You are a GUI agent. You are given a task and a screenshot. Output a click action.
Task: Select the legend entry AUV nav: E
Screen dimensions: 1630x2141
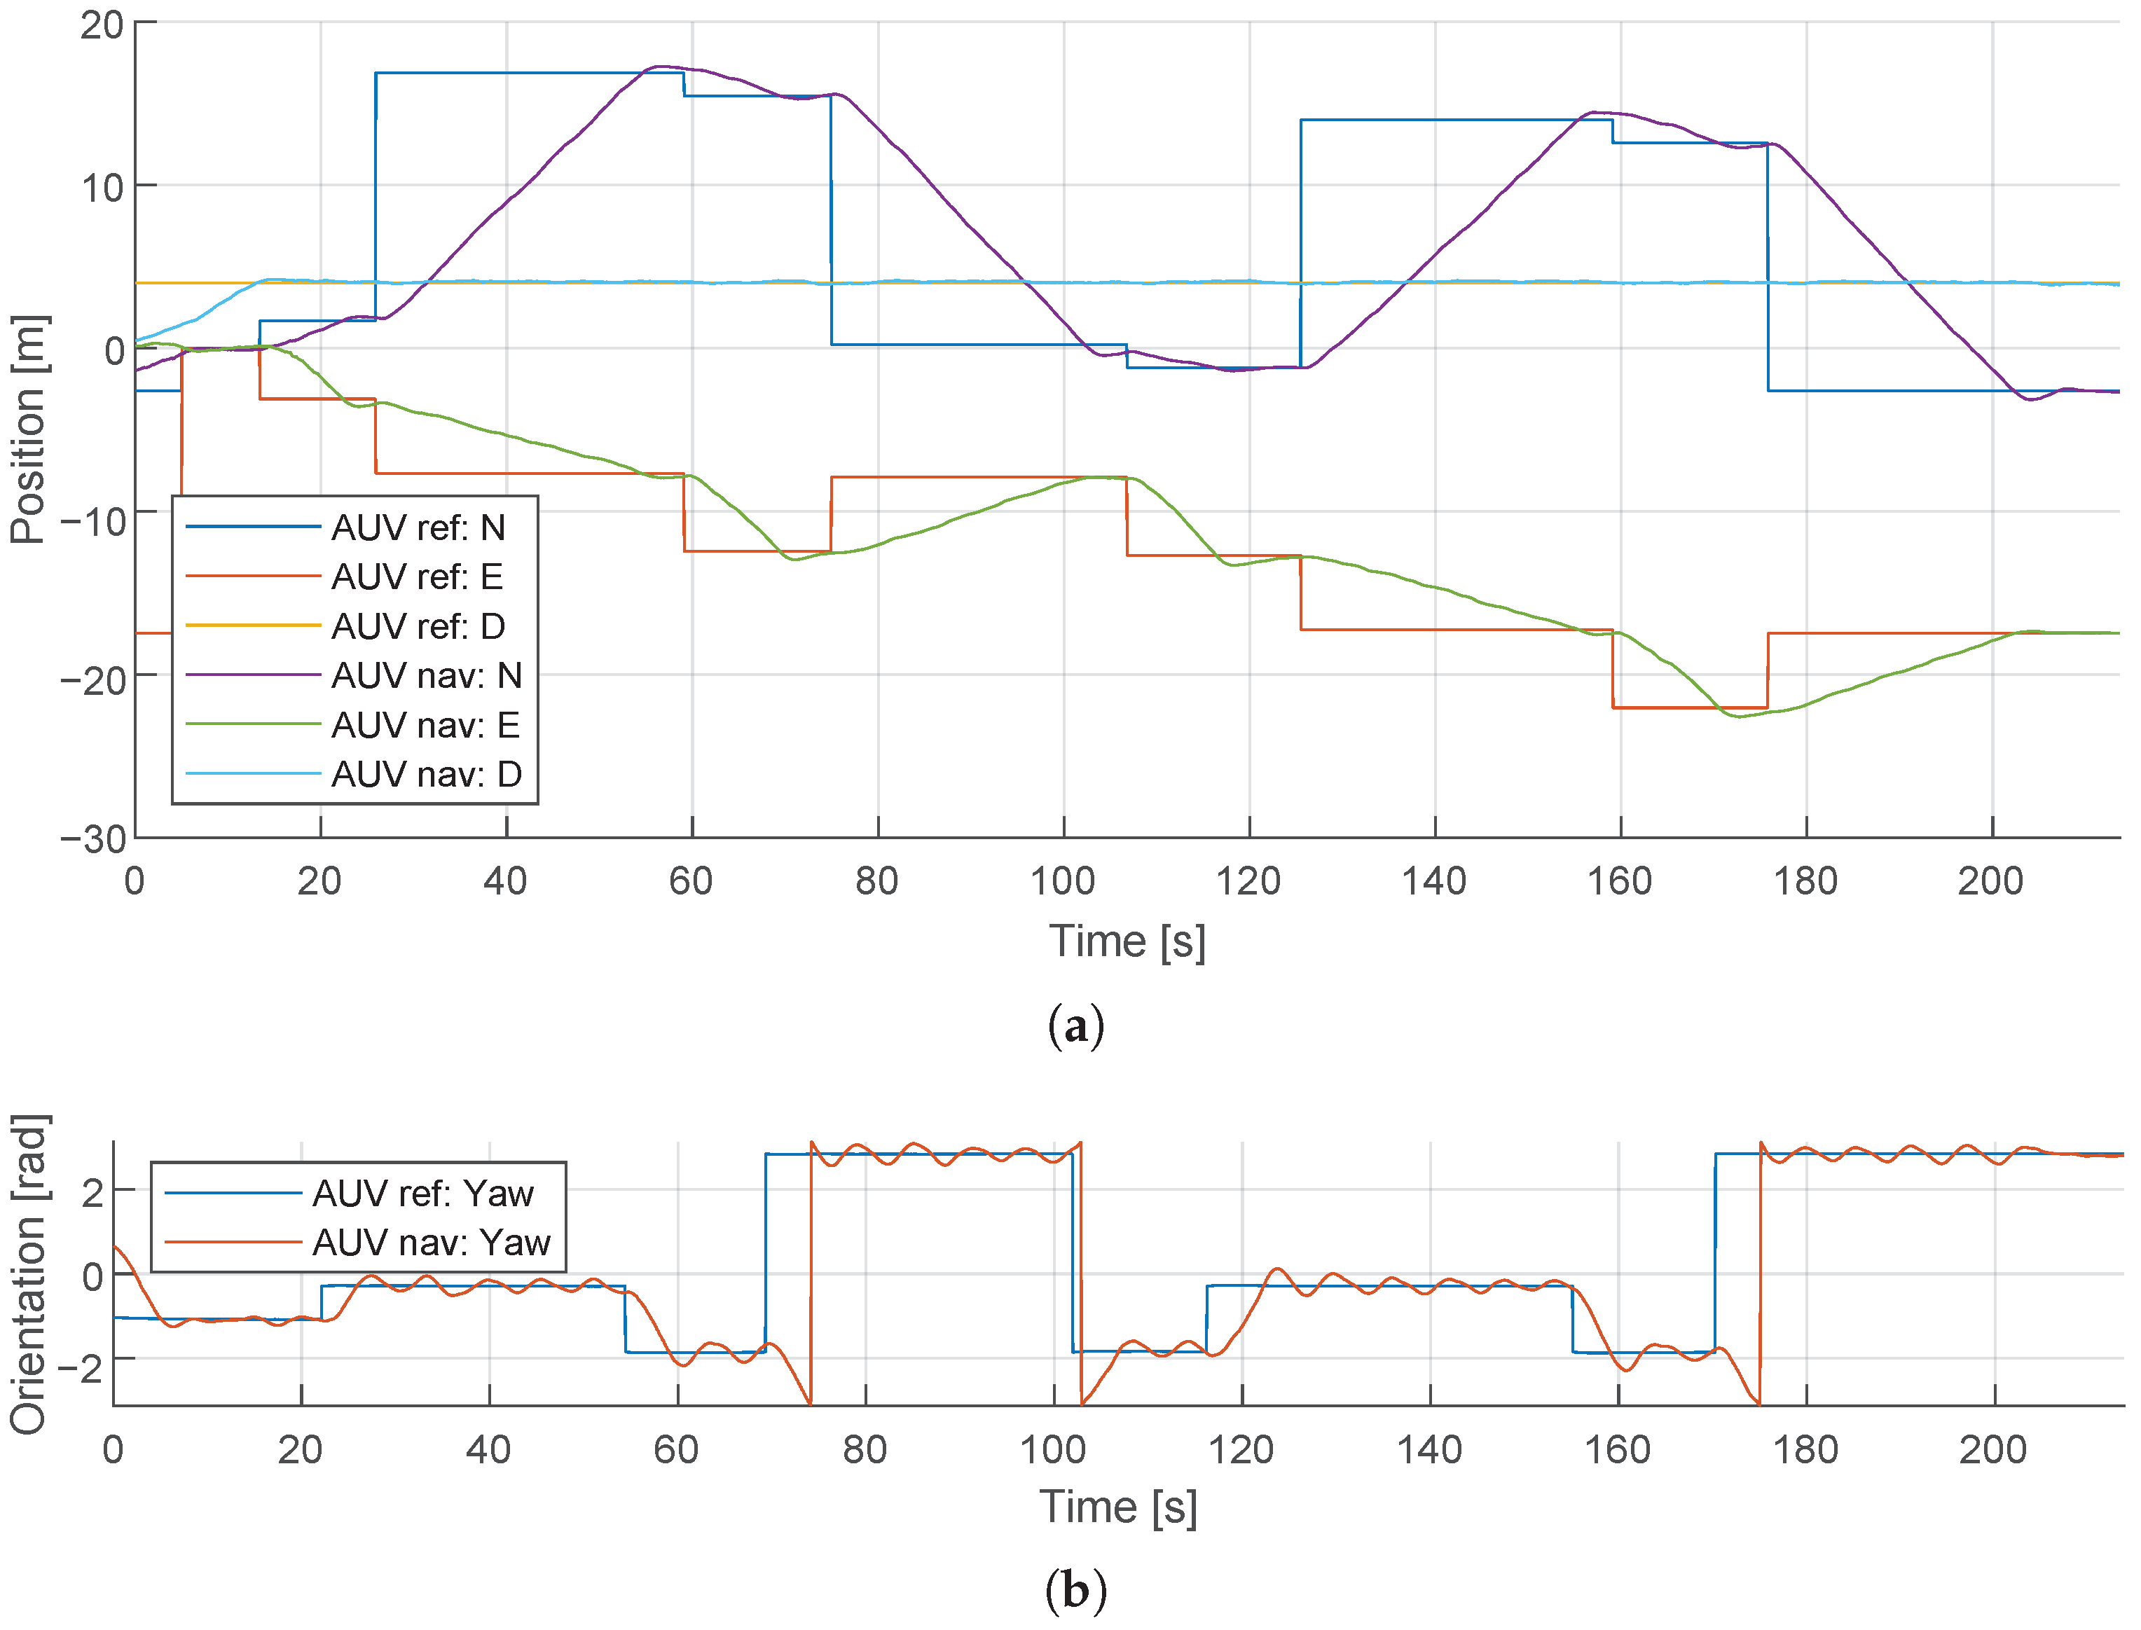(x=425, y=725)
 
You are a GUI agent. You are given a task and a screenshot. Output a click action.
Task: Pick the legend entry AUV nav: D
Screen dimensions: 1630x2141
(x=425, y=774)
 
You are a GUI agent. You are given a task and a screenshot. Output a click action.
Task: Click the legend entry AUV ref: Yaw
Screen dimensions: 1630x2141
(x=422, y=1194)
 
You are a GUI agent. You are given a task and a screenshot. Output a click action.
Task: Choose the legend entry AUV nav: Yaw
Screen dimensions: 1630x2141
(x=431, y=1243)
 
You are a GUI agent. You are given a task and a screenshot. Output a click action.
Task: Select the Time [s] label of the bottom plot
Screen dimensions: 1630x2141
(x=1118, y=1507)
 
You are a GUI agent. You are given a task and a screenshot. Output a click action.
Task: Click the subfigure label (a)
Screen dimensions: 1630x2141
(x=1076, y=1026)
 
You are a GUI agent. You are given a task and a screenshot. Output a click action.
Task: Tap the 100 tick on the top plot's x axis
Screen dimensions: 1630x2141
(x=1063, y=881)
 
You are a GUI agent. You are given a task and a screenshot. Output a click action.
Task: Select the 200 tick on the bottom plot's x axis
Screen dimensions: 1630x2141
(x=1992, y=1449)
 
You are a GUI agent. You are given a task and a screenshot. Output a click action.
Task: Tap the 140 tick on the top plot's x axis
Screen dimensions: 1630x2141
(x=1433, y=881)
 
